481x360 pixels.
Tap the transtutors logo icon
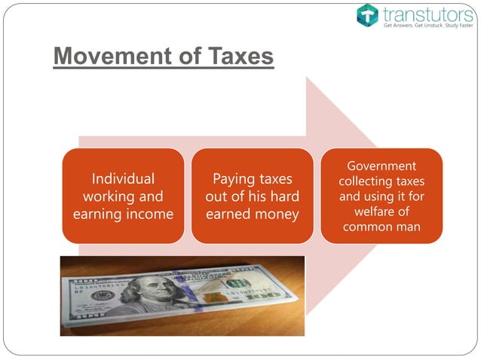point(367,14)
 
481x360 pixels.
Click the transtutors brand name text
point(426,13)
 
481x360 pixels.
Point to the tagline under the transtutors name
point(426,26)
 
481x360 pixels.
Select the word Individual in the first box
point(123,179)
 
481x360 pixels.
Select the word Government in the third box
point(381,166)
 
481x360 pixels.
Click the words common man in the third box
point(381,227)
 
